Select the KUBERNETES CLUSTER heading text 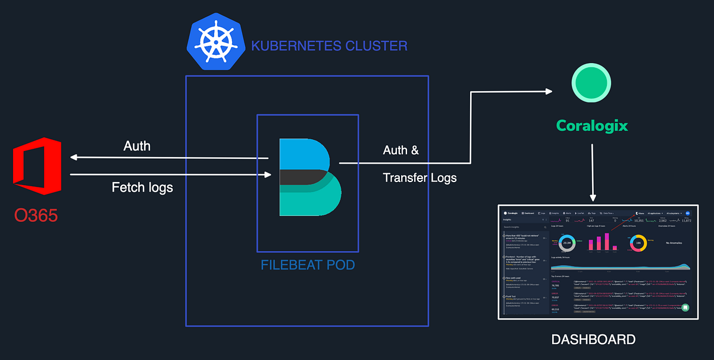[x=330, y=46]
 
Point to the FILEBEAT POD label [x=308, y=264]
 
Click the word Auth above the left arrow [x=137, y=146]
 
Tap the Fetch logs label [x=142, y=188]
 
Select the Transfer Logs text [x=420, y=177]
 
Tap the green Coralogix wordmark [x=591, y=126]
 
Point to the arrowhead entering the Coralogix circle [x=549, y=92]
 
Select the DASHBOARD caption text [x=593, y=340]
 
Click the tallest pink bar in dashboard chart [x=606, y=242]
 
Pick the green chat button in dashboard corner [x=685, y=308]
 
